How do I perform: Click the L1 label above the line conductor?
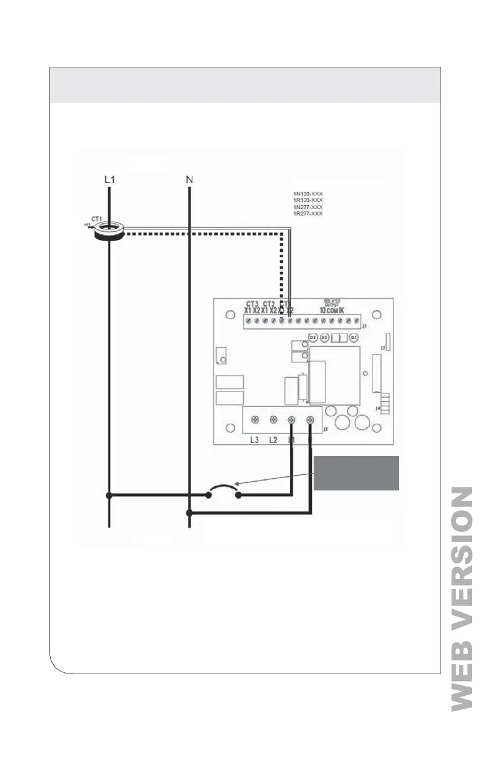coord(109,179)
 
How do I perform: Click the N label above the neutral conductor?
coord(189,179)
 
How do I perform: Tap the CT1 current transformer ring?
coord(109,233)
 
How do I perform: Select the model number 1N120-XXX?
coord(307,194)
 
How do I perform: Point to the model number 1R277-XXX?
coord(307,213)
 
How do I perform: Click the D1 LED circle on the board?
coord(353,338)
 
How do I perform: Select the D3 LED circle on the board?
coord(313,338)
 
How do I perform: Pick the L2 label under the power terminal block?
coord(273,440)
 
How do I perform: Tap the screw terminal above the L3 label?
coord(254,421)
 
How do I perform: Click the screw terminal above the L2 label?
coord(273,421)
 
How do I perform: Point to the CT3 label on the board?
coord(251,304)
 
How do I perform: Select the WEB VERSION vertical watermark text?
coord(462,599)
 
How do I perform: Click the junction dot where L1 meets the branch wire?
coord(109,495)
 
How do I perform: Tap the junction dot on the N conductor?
coord(189,513)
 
